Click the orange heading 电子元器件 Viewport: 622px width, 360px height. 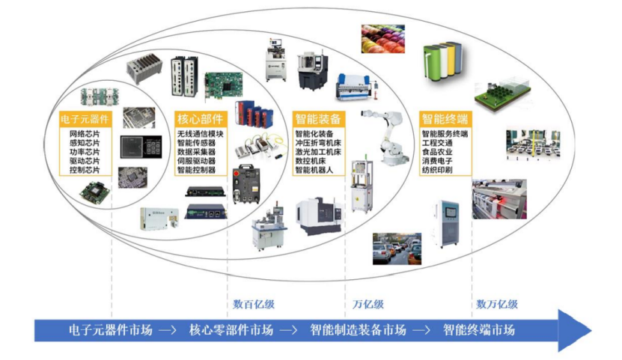(x=84, y=119)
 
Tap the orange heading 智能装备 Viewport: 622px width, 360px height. (x=317, y=119)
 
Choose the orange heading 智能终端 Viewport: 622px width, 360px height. (x=444, y=119)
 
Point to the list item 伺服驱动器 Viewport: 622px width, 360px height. (x=196, y=161)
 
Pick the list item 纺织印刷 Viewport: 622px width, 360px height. (x=439, y=170)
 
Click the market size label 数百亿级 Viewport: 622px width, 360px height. (x=254, y=305)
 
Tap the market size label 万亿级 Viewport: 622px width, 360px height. (x=368, y=305)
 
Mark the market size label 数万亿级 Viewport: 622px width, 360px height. (x=497, y=305)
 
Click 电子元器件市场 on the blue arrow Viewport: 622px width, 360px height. (x=110, y=330)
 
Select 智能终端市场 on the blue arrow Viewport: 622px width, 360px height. (x=478, y=330)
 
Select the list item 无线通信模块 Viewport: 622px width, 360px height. (x=201, y=134)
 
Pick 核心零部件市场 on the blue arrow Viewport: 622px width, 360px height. (x=231, y=330)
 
